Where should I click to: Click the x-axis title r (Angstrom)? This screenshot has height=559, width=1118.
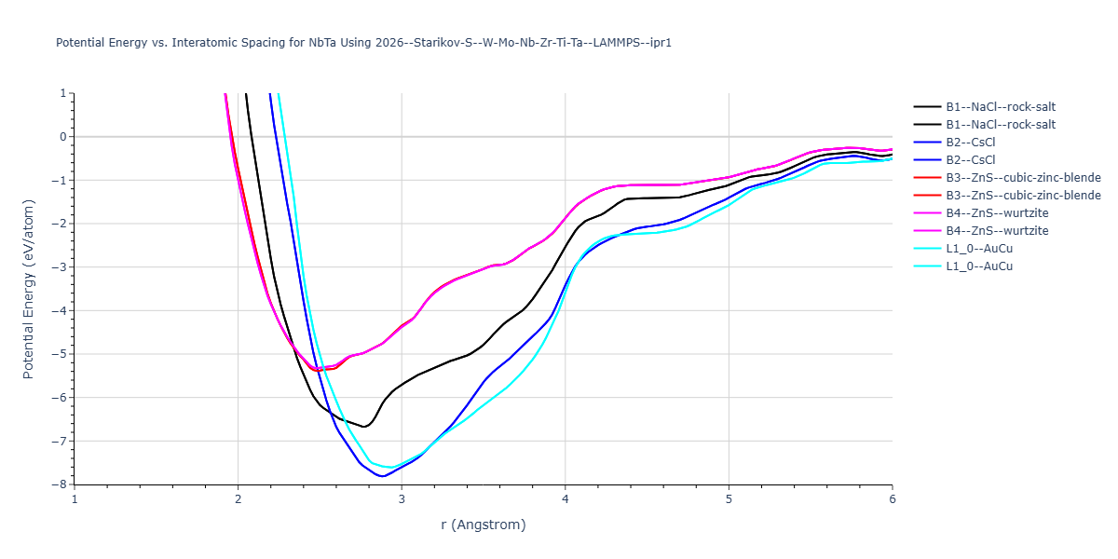tap(484, 525)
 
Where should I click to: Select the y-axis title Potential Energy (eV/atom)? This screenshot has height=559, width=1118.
tap(28, 289)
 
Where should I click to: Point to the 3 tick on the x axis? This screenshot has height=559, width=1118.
tap(402, 498)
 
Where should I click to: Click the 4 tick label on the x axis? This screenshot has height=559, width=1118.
tap(566, 498)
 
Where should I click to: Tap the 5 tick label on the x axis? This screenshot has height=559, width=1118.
tap(729, 498)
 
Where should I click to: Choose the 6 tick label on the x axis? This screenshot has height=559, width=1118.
tap(893, 498)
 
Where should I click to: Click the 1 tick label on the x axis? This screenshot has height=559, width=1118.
tap(75, 498)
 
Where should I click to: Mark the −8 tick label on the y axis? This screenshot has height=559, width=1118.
tap(61, 484)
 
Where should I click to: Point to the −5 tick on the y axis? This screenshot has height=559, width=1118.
tap(61, 354)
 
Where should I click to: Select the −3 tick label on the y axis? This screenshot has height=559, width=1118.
tap(61, 267)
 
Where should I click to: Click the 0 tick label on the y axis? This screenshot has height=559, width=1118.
tap(63, 137)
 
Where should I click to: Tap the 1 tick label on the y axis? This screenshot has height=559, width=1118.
tap(63, 93)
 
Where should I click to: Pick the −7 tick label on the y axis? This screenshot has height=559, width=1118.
tap(61, 441)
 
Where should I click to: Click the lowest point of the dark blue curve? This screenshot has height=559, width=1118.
tap(382, 476)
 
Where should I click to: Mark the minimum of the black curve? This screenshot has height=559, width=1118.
tap(365, 427)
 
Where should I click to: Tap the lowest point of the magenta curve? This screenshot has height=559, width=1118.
tap(318, 369)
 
